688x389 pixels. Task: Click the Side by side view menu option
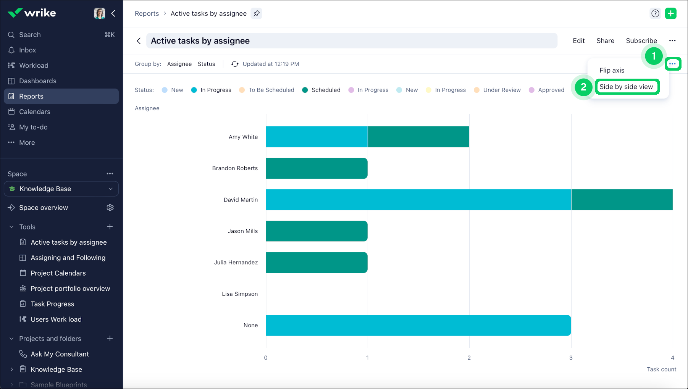point(626,87)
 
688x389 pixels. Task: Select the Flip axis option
point(612,70)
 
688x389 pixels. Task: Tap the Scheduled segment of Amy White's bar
point(418,137)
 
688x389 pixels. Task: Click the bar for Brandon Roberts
point(317,168)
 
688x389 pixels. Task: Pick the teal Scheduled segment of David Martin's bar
point(622,200)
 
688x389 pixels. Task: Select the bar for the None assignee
point(418,325)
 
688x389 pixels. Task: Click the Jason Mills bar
point(317,231)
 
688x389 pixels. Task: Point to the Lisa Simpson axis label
point(240,294)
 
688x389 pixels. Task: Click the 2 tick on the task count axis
point(469,358)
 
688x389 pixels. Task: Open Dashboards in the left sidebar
point(37,81)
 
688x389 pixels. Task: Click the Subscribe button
point(641,41)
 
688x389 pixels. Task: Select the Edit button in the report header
point(578,41)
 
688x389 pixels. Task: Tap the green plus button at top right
point(670,13)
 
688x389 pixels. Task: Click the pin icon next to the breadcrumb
point(257,13)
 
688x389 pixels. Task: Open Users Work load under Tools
point(56,320)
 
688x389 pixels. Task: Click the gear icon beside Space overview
point(110,208)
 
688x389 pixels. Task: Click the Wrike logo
point(32,13)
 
